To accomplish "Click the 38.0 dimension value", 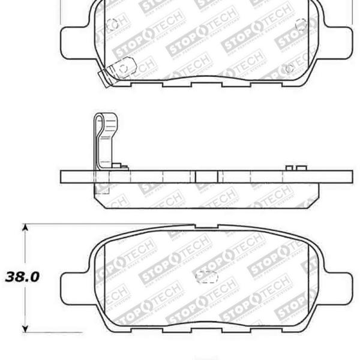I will click(x=22, y=277).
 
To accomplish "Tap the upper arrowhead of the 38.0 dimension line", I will click(x=25, y=228).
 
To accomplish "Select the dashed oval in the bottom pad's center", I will click(x=208, y=277).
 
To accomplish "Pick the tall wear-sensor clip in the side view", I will click(x=103, y=141).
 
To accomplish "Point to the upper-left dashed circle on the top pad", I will click(x=112, y=25).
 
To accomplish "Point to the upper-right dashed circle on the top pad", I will click(x=302, y=25).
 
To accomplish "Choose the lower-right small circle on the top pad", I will click(x=290, y=68).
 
